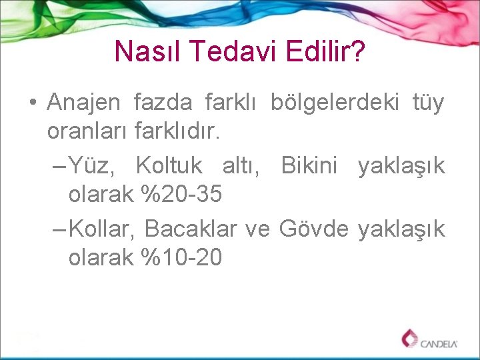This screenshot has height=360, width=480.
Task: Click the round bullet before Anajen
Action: coord(33,103)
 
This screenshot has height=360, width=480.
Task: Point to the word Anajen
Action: coord(84,103)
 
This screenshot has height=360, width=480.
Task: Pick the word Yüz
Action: coord(90,164)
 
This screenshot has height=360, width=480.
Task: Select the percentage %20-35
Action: coord(182,195)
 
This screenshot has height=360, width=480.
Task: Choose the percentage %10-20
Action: coord(182,257)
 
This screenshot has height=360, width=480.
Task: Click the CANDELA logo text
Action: coord(439,343)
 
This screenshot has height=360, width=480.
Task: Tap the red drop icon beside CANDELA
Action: coord(409,338)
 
